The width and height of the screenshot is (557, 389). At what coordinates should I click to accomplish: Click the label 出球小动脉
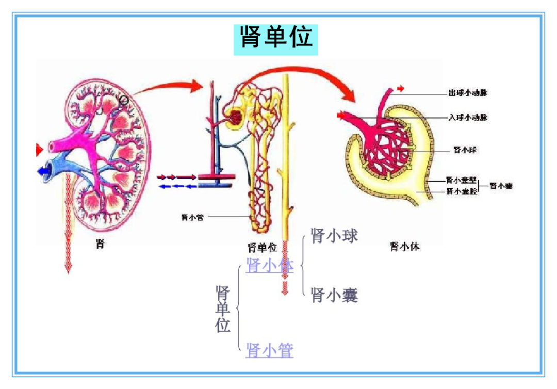467,93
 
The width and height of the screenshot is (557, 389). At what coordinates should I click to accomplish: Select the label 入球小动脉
467,118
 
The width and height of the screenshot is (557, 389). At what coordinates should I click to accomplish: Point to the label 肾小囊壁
461,181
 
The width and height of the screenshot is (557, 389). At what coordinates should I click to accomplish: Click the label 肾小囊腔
461,191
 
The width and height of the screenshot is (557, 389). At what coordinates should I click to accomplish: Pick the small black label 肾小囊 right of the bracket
501,186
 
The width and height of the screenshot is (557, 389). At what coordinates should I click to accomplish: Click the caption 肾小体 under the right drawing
405,247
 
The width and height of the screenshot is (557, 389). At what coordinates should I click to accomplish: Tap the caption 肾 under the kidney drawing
101,244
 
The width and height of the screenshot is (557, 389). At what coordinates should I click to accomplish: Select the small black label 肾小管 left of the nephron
192,218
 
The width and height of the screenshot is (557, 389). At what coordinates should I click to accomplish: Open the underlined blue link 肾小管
270,350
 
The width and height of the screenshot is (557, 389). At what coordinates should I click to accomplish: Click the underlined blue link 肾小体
270,266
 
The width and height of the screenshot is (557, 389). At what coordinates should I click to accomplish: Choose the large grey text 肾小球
334,236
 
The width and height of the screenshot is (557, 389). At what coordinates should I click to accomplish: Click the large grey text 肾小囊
334,296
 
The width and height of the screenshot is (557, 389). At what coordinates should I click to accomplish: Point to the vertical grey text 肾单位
223,309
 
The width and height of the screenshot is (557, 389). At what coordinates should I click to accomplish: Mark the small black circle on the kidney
124,101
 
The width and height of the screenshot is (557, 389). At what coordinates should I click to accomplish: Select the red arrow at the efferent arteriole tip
401,89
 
